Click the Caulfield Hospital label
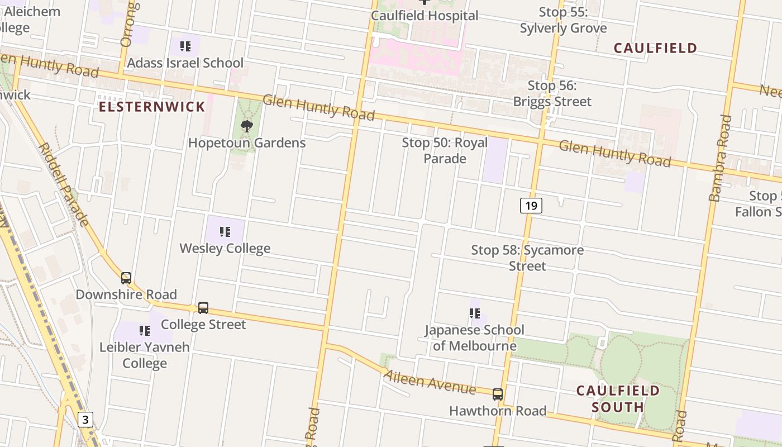click(425, 16)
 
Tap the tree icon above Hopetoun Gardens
click(246, 126)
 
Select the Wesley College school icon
click(225, 231)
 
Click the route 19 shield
click(531, 206)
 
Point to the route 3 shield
click(85, 419)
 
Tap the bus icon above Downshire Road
click(126, 278)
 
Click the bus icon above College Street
click(203, 308)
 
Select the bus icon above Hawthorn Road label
click(498, 394)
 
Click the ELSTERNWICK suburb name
click(152, 107)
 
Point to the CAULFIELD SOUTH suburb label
click(618, 398)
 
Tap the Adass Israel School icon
click(185, 46)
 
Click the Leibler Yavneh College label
click(145, 355)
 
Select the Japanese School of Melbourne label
click(474, 337)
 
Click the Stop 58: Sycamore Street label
click(527, 258)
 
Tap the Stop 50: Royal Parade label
click(445, 150)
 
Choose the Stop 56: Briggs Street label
click(552, 93)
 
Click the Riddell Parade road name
click(63, 184)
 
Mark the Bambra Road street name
click(720, 158)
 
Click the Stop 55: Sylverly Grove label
click(563, 20)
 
